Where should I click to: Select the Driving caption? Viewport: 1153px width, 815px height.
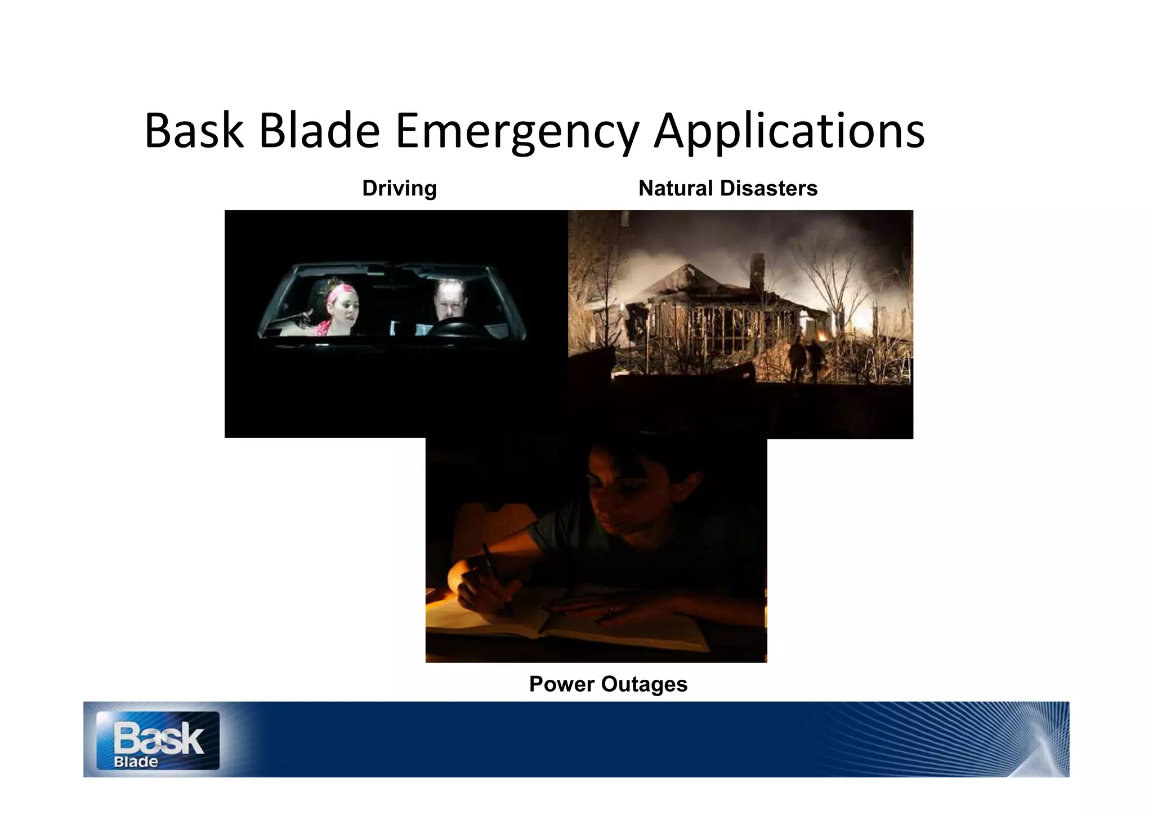(x=399, y=188)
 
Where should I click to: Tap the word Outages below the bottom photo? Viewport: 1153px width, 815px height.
(x=644, y=684)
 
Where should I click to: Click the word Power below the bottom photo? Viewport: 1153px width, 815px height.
(x=562, y=684)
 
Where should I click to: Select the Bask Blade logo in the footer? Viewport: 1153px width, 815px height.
(x=158, y=740)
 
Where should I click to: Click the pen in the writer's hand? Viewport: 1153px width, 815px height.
(x=495, y=574)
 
